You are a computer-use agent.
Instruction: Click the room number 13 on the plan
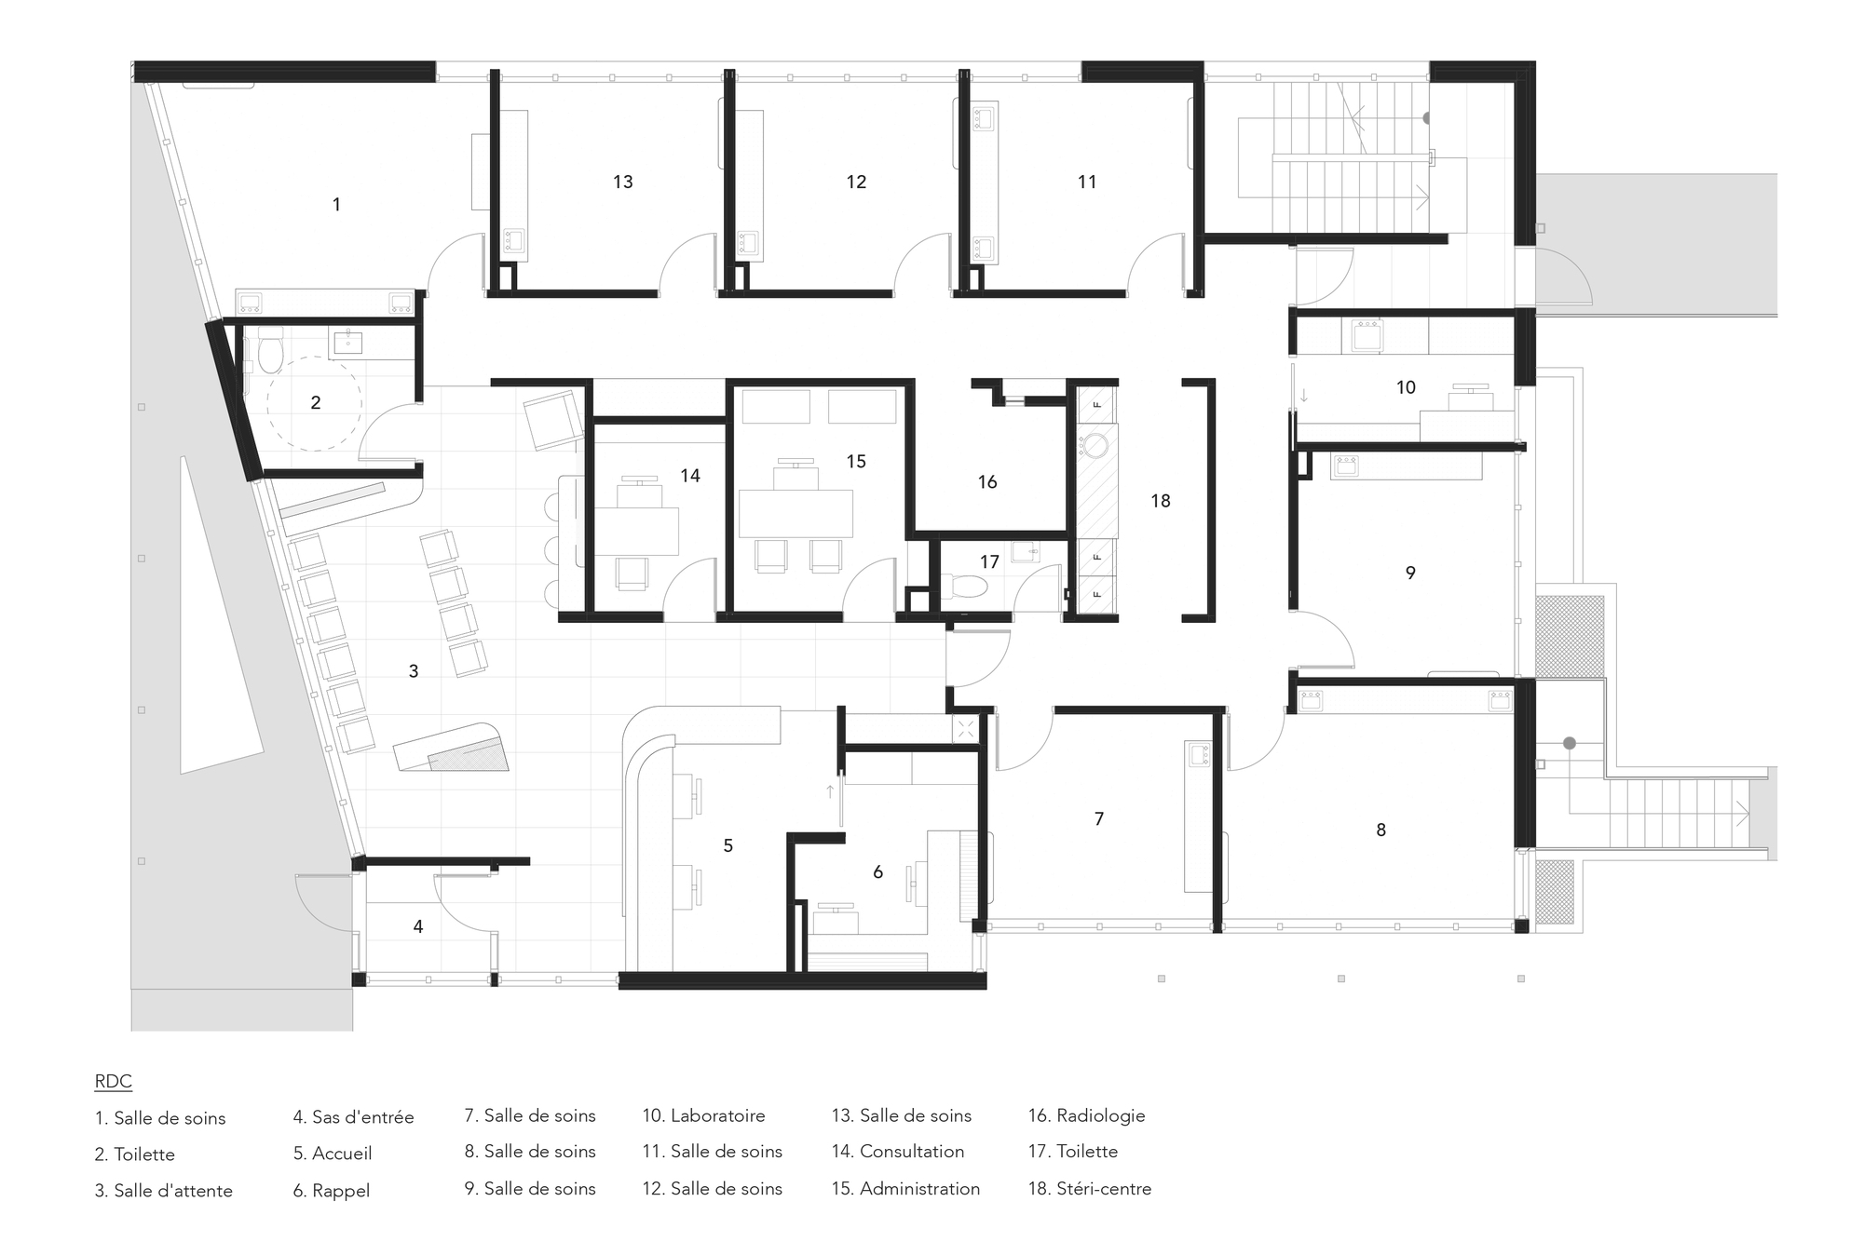623,182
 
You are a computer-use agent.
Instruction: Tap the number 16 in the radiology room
987,482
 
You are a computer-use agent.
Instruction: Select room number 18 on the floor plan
1161,502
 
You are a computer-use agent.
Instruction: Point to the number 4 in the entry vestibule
418,927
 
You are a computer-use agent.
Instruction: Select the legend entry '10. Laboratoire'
703,1115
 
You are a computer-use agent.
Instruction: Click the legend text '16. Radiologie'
1086,1115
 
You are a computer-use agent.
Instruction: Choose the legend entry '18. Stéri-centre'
1090,1189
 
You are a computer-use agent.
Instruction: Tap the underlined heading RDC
114,1082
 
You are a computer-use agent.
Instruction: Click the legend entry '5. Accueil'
333,1154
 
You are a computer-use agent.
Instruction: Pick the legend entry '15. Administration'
905,1189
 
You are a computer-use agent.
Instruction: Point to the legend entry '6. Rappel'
332,1191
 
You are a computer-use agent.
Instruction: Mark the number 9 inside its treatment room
1410,574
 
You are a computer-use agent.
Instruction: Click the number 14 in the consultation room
690,477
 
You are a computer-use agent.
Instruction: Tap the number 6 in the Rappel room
877,872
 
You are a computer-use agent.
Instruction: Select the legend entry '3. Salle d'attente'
164,1191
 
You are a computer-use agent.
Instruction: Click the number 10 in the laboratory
1406,387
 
